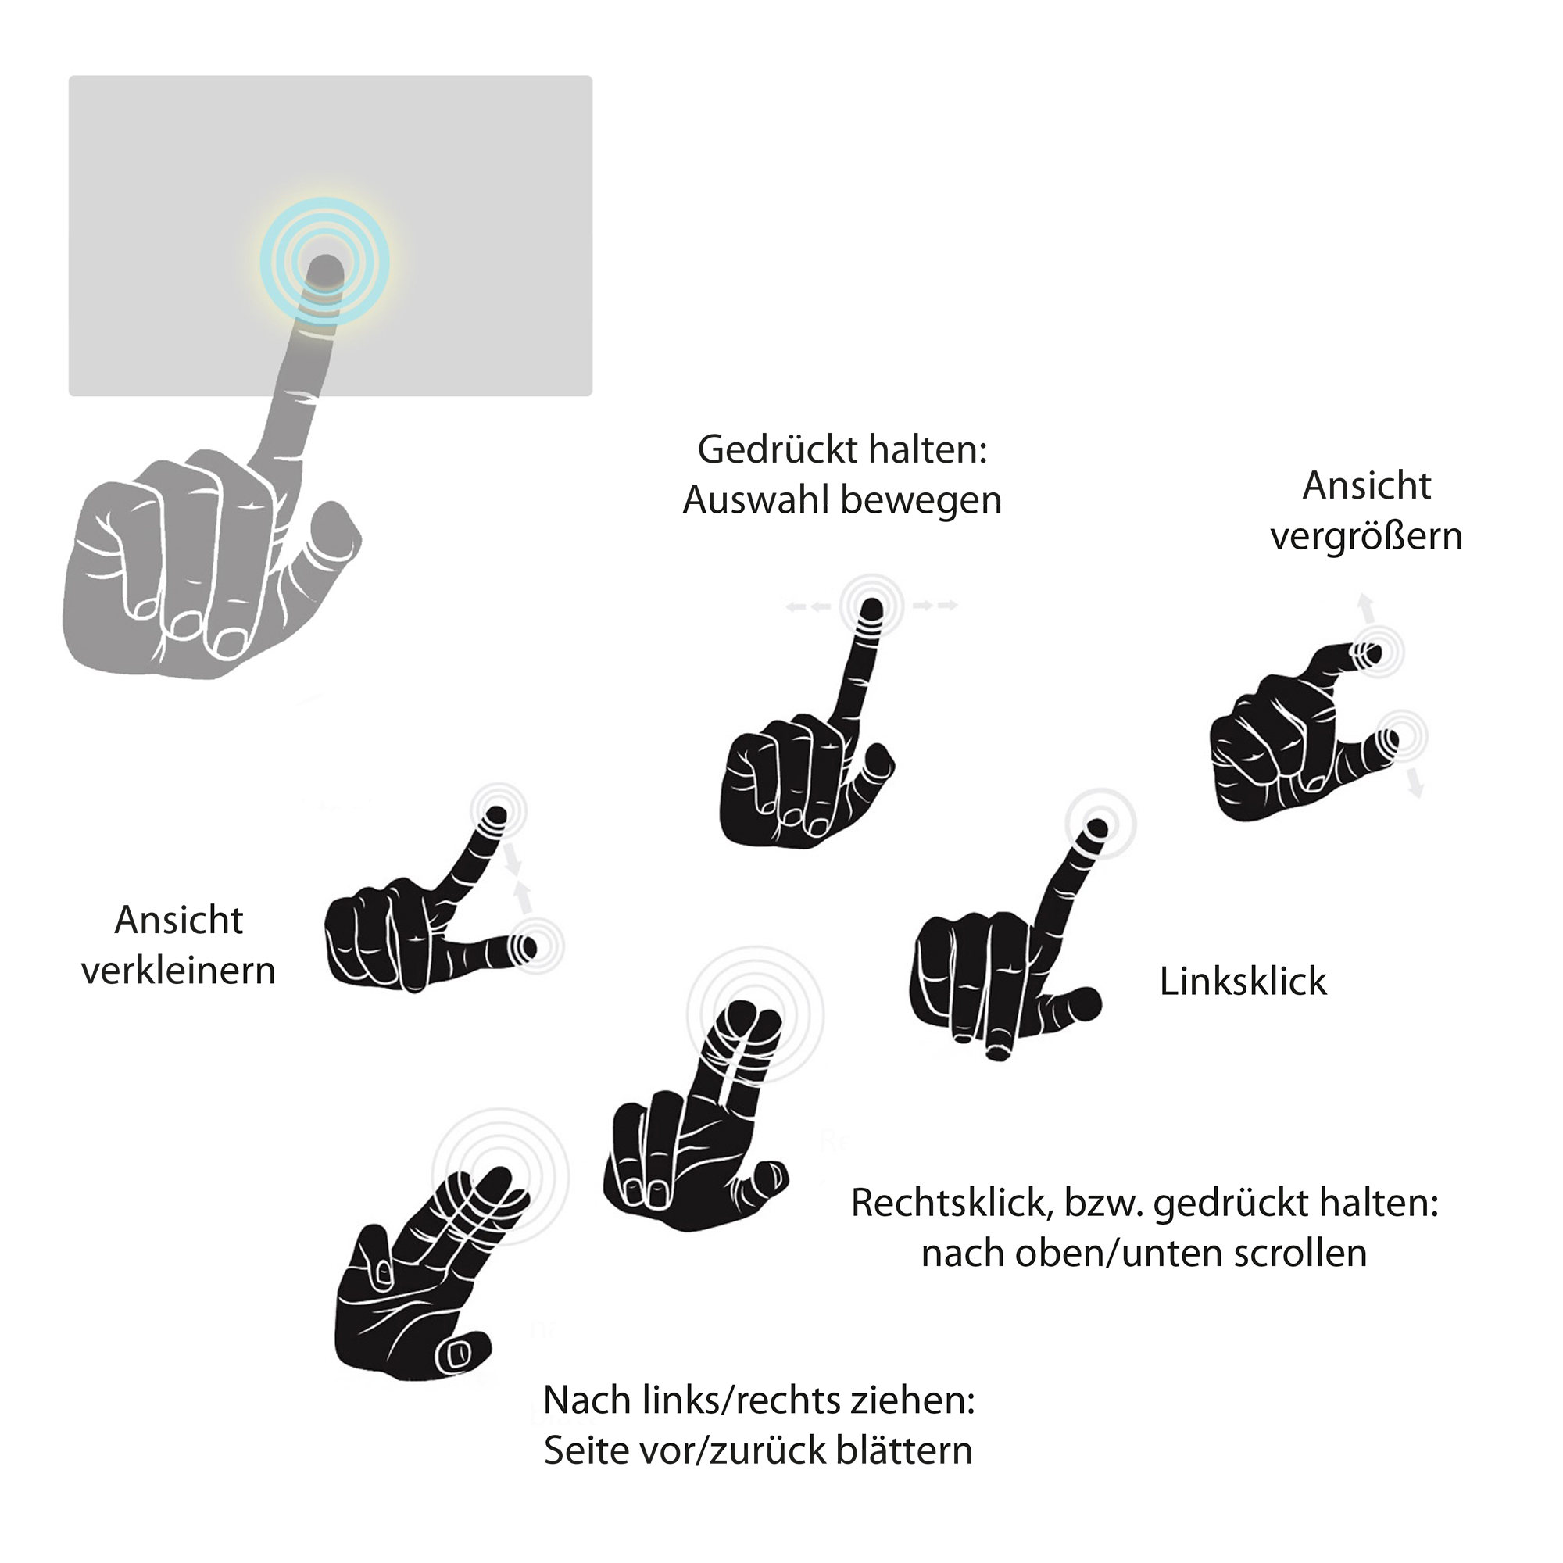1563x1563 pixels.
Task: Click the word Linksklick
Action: click(1243, 982)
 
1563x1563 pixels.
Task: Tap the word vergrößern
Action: click(1366, 537)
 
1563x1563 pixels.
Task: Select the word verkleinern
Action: click(179, 971)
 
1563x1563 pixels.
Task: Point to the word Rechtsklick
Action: click(950, 1203)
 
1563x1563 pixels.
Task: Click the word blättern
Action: click(904, 1450)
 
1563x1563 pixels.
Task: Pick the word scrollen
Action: click(1301, 1252)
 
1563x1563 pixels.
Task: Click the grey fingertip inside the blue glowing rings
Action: click(326, 271)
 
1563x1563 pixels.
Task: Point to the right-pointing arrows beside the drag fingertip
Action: click(935, 605)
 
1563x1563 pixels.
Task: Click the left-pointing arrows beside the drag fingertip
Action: click(808, 606)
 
